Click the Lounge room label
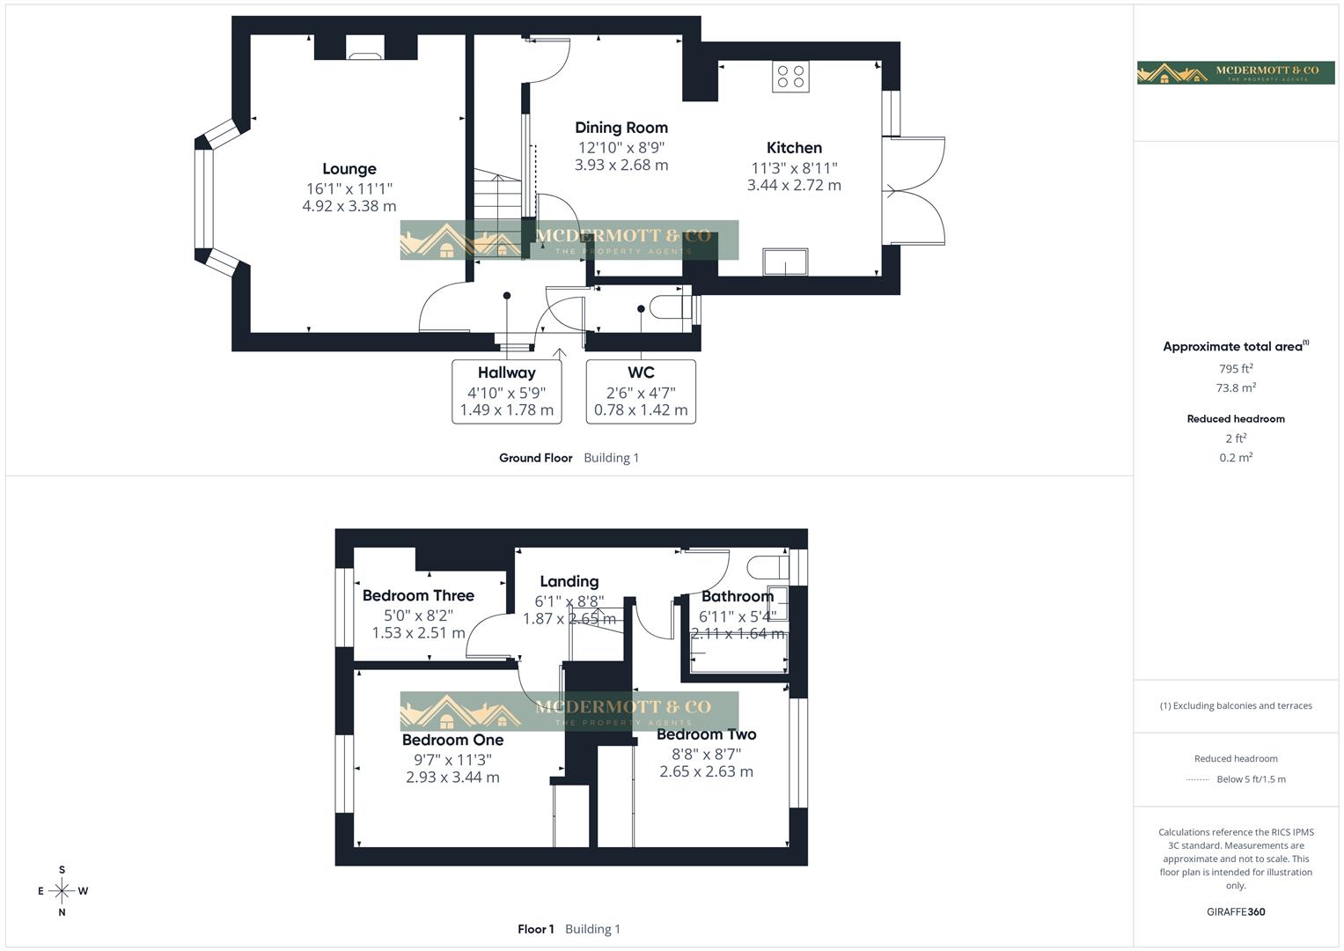[x=349, y=169]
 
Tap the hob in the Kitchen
[x=790, y=77]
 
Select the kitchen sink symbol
[x=785, y=262]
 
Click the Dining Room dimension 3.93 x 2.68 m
[x=621, y=165]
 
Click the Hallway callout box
[x=506, y=391]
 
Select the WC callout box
[x=641, y=391]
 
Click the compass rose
[x=62, y=891]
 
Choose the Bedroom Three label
[x=418, y=596]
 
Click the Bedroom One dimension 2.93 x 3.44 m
[x=452, y=778]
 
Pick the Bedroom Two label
[x=706, y=734]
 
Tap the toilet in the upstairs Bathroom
[x=767, y=564]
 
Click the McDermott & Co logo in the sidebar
[x=1235, y=72]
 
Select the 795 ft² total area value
[x=1235, y=369]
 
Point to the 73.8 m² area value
[x=1235, y=387]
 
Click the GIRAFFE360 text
[x=1235, y=912]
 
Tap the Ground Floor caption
[x=535, y=458]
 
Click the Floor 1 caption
[x=535, y=929]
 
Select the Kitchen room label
[x=794, y=148]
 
